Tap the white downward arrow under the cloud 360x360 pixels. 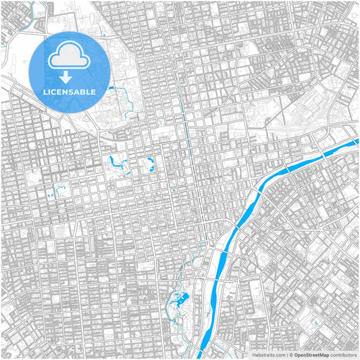[x=70, y=76]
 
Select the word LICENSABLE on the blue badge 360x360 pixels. [x=70, y=91]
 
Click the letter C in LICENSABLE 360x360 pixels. [x=57, y=91]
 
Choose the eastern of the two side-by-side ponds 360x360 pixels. [x=149, y=163]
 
